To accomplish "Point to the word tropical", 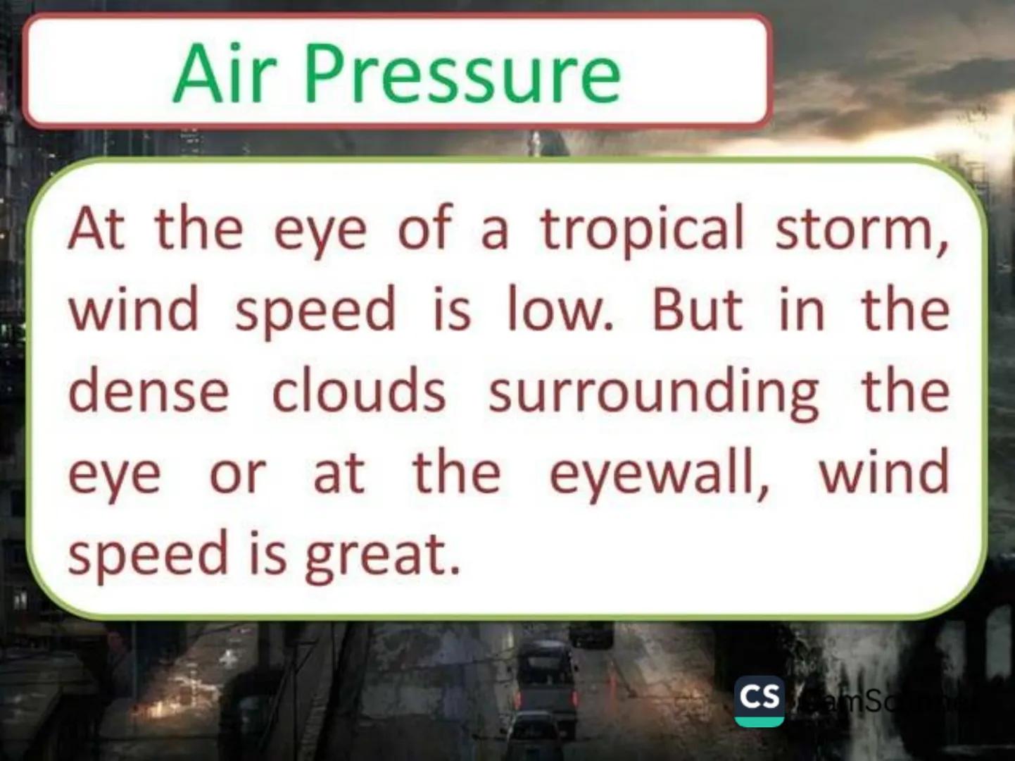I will [x=641, y=230].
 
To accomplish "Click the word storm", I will [x=862, y=230].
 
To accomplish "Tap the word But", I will [x=697, y=310].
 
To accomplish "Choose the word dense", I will [x=149, y=391].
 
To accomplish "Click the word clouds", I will [x=358, y=391].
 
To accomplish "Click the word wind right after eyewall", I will [x=883, y=472].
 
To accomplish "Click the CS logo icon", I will [x=759, y=700].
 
